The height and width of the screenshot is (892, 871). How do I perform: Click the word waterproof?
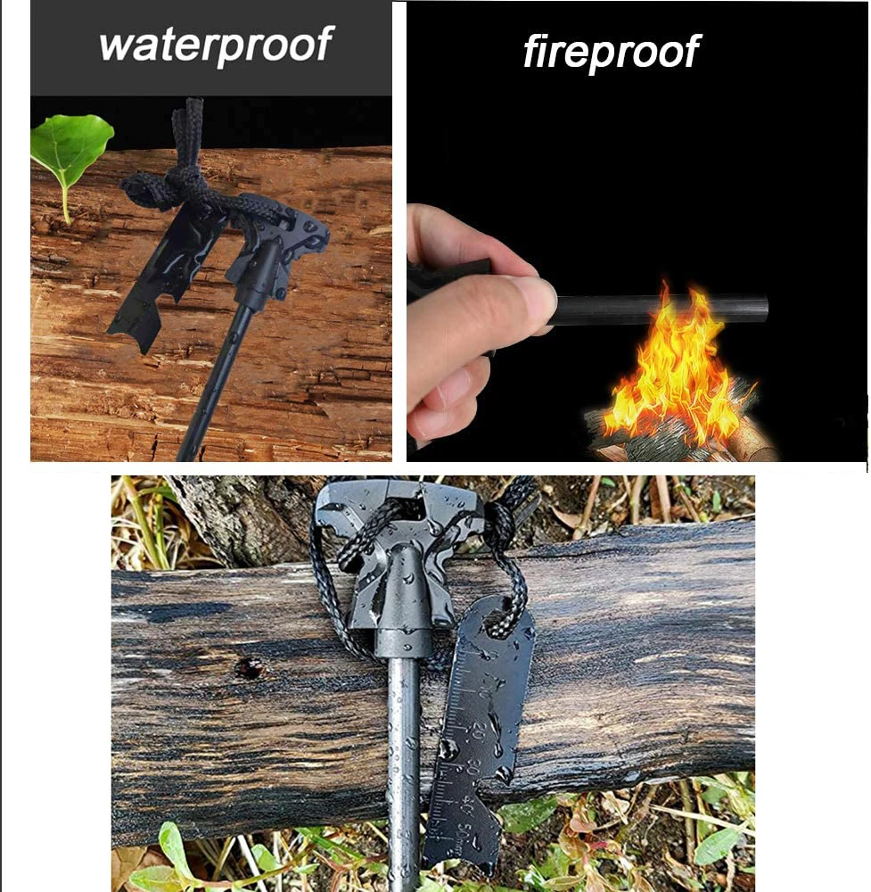(216, 44)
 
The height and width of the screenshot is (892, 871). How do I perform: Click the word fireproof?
(611, 53)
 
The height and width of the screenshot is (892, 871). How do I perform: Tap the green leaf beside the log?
(70, 146)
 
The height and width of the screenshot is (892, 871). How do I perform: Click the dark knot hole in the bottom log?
(249, 666)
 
